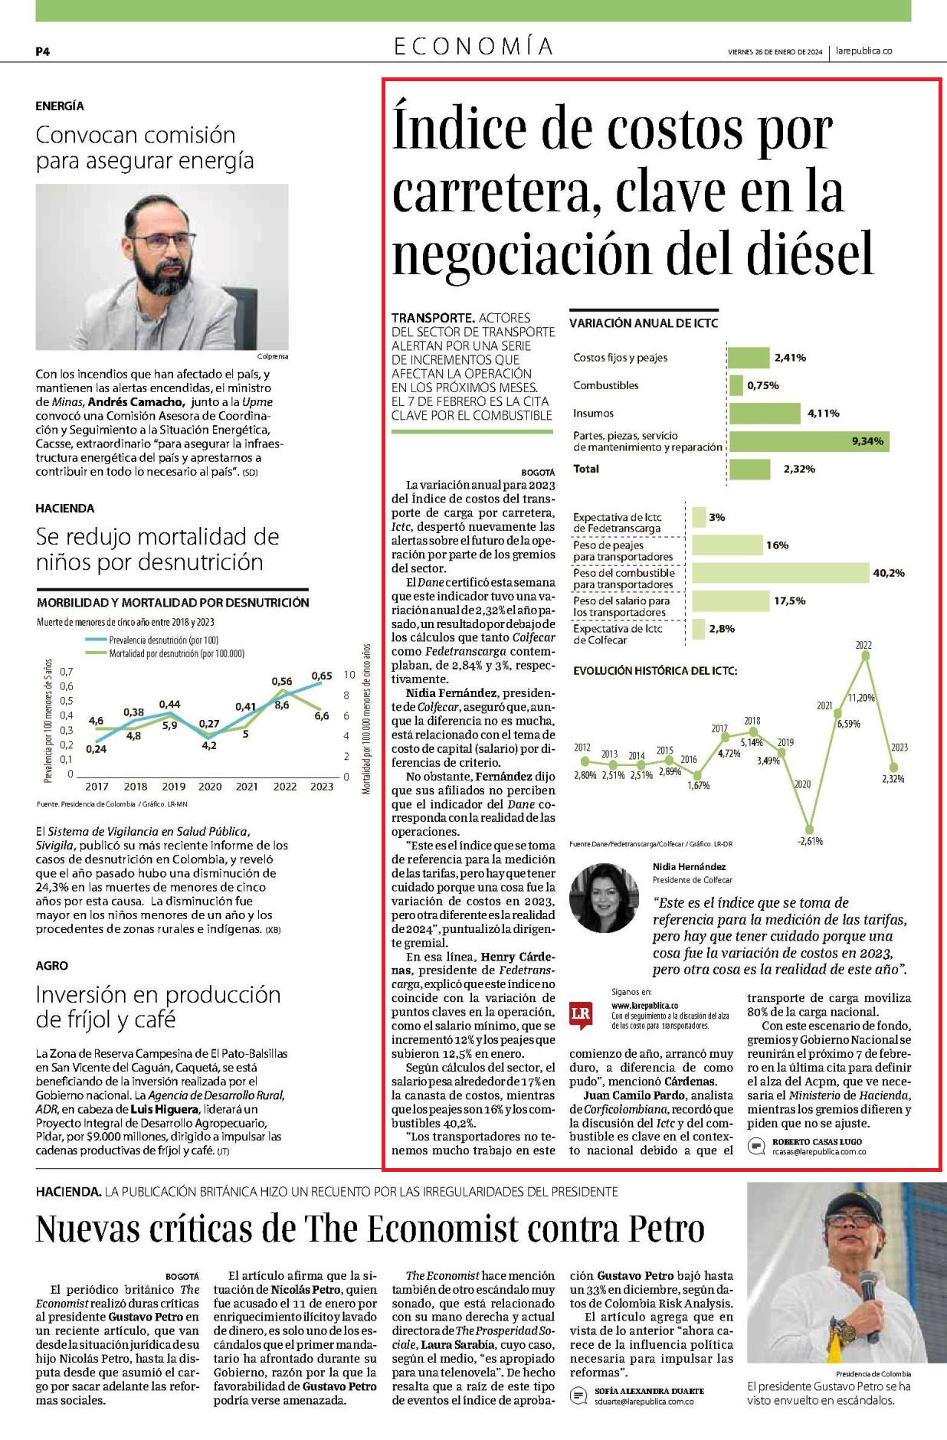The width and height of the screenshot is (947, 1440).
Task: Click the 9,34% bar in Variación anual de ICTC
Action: [x=809, y=441]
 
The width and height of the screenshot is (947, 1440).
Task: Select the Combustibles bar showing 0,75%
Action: [x=736, y=385]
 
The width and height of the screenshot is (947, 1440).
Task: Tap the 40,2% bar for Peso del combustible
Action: [x=781, y=573]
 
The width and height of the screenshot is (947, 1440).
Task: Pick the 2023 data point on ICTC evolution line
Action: [x=893, y=766]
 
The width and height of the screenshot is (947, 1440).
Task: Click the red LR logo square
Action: [x=581, y=1014]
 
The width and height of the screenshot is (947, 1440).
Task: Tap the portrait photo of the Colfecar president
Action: [x=604, y=898]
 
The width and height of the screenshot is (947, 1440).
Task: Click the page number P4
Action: [x=43, y=51]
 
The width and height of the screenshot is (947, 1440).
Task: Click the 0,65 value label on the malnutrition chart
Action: [x=322, y=676]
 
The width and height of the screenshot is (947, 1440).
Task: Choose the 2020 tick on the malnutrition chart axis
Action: [x=210, y=786]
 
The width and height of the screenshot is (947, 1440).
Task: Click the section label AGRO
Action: [x=52, y=966]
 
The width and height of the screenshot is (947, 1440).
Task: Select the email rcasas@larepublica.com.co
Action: [x=819, y=1151]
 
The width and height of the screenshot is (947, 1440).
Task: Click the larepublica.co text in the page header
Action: [x=864, y=51]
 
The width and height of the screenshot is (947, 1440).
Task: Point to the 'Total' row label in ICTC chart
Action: [x=586, y=469]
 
